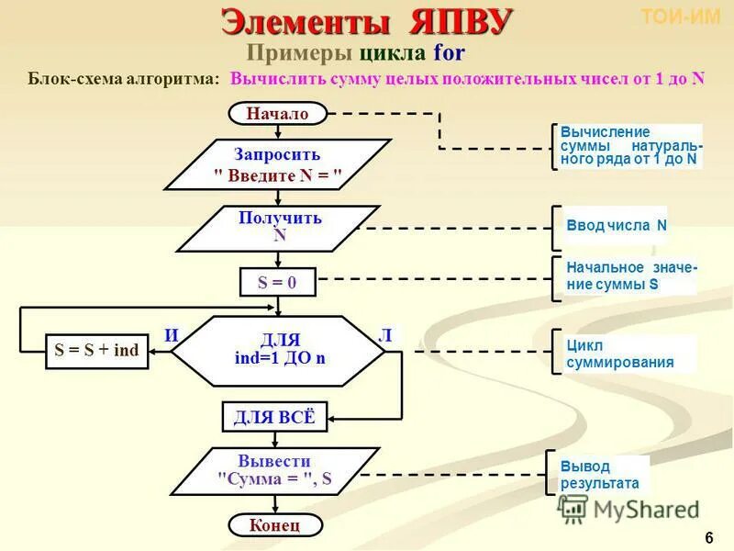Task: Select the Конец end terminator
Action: point(276,525)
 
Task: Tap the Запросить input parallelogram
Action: point(277,164)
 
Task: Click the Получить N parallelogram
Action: point(280,227)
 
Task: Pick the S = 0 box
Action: point(277,283)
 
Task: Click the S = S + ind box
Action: point(96,351)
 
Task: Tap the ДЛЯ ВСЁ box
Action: point(273,417)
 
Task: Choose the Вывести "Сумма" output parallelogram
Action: point(275,470)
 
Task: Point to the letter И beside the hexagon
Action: point(172,335)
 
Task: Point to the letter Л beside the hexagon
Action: point(386,335)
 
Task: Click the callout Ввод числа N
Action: point(616,226)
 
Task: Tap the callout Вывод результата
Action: point(602,474)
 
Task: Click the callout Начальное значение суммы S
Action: point(629,275)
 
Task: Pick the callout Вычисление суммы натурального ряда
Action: point(629,145)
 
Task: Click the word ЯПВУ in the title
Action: point(450,20)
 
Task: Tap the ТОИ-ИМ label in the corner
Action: point(680,17)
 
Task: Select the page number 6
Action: point(708,537)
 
